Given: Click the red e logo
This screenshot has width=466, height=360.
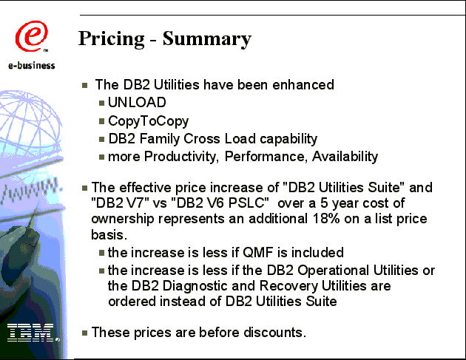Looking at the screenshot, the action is tap(31, 36).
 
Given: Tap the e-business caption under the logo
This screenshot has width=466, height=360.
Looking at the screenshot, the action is tap(32, 65).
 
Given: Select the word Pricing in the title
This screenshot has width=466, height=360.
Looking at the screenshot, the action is tap(112, 39).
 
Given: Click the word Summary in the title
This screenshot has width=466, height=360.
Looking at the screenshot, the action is tap(207, 39).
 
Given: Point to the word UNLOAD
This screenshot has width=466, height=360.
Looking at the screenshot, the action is tap(137, 103).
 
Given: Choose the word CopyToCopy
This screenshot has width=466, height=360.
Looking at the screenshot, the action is tap(148, 121).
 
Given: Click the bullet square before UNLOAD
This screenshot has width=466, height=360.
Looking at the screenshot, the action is tap(101, 103).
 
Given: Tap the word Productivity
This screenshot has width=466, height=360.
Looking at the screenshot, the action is tap(181, 157).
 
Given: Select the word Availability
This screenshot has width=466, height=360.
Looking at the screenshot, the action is tap(345, 157).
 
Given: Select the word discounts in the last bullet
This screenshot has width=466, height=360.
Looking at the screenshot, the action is tap(274, 333).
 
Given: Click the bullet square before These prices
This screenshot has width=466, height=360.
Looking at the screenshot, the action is tap(85, 333).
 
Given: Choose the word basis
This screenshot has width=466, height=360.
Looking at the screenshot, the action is tap(109, 234).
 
